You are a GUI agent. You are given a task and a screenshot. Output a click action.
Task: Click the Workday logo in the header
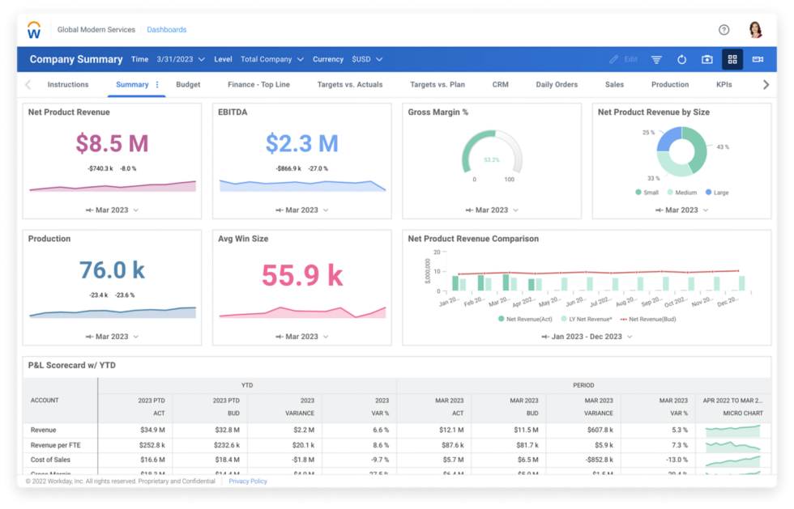[x=34, y=31]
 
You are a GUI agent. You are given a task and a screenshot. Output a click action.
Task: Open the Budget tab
[x=188, y=85]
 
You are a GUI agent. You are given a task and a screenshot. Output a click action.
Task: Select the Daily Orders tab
[x=557, y=85]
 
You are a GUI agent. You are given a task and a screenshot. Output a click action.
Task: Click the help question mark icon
[x=724, y=30]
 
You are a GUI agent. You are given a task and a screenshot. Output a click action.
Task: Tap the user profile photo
[x=755, y=30]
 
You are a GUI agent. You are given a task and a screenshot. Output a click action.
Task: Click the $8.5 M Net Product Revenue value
[x=112, y=143]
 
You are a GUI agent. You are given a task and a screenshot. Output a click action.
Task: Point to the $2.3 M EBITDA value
[x=301, y=143]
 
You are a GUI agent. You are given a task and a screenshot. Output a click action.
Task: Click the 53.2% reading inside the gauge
[x=492, y=160]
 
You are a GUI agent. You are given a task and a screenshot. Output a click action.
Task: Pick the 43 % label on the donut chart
[x=722, y=147]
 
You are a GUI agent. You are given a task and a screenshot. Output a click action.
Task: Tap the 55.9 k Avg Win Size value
[x=301, y=276]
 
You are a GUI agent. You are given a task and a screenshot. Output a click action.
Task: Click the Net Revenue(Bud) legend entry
[x=647, y=320]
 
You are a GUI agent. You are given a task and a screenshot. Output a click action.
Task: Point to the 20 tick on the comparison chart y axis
[x=436, y=252]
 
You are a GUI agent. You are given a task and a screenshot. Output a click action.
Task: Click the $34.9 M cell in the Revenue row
[x=153, y=431]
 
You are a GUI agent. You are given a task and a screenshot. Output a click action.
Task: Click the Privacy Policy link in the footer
[x=247, y=481]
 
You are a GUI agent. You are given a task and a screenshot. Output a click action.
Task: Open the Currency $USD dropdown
[x=367, y=59]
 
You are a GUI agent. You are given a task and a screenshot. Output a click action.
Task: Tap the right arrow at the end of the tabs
[x=766, y=85]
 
